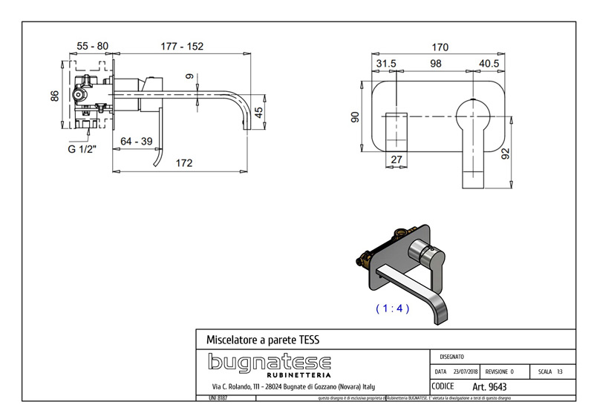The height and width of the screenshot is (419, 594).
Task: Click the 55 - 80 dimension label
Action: click(x=92, y=46)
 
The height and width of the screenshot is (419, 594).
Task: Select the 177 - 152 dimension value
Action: click(x=183, y=46)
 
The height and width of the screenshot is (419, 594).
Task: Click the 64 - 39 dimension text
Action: click(x=136, y=140)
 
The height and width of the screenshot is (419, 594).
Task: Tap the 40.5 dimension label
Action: click(x=488, y=64)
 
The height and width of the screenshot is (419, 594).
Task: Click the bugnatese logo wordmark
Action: click(x=268, y=362)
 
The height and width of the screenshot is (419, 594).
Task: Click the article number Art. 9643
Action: click(x=489, y=386)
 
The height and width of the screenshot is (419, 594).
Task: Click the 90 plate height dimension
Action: click(x=356, y=117)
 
